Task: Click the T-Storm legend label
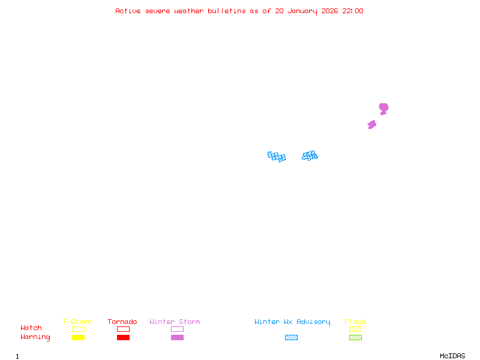point(77,322)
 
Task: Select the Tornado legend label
point(122,322)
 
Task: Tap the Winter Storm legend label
point(175,322)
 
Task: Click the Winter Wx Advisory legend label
point(292,322)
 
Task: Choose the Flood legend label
point(355,322)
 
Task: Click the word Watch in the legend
point(31,328)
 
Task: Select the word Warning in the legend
point(35,337)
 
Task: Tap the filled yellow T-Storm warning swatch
point(78,338)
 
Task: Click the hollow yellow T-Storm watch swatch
point(78,329)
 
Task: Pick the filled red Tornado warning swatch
point(123,338)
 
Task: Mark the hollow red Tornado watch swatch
point(123,329)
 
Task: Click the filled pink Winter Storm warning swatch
point(177,338)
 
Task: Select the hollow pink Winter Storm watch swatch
point(177,329)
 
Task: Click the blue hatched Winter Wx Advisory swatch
point(291,338)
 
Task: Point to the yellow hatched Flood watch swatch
point(355,329)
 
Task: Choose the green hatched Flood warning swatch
point(355,338)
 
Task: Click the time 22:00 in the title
point(353,11)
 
